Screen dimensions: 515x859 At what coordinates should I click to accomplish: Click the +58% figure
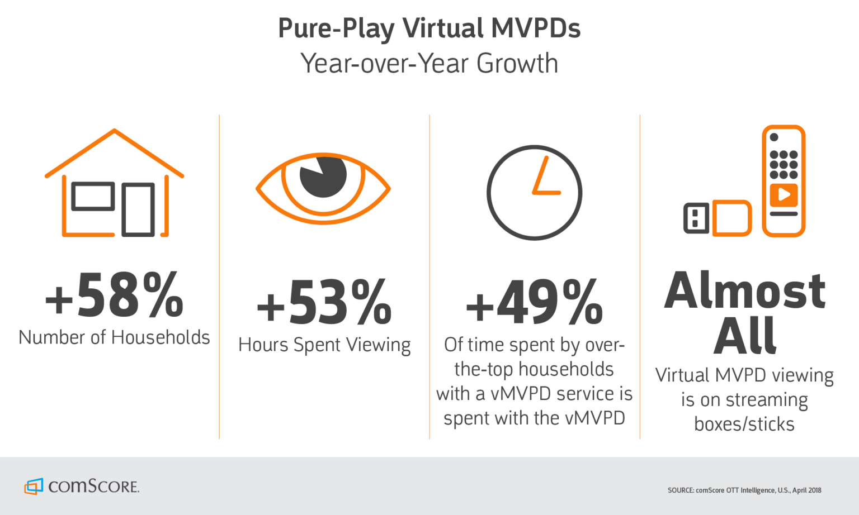(x=114, y=295)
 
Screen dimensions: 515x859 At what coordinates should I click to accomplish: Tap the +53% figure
(x=324, y=303)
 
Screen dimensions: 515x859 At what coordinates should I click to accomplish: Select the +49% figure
(x=534, y=303)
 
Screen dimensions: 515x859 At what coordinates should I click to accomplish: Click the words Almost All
(x=744, y=313)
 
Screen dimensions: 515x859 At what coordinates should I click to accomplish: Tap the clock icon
(x=534, y=193)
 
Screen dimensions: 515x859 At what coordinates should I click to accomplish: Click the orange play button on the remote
(x=784, y=195)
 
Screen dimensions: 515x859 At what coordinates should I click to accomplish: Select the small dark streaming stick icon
(x=696, y=218)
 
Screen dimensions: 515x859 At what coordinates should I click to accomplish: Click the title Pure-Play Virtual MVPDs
(x=429, y=28)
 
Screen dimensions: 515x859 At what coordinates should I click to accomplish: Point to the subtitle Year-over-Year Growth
(x=429, y=63)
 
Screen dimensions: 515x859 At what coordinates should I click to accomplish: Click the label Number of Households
(x=114, y=337)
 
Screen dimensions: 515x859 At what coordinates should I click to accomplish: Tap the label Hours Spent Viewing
(x=324, y=345)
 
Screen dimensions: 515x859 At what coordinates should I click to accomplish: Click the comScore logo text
(x=93, y=486)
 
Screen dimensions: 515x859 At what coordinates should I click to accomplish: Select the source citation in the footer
(x=744, y=490)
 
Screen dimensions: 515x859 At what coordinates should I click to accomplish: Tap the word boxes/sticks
(x=744, y=425)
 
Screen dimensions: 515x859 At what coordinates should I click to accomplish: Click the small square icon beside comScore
(x=34, y=487)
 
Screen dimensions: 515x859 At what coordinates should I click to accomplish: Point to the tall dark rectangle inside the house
(x=138, y=209)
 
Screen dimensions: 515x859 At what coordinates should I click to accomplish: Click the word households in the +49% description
(x=566, y=369)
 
